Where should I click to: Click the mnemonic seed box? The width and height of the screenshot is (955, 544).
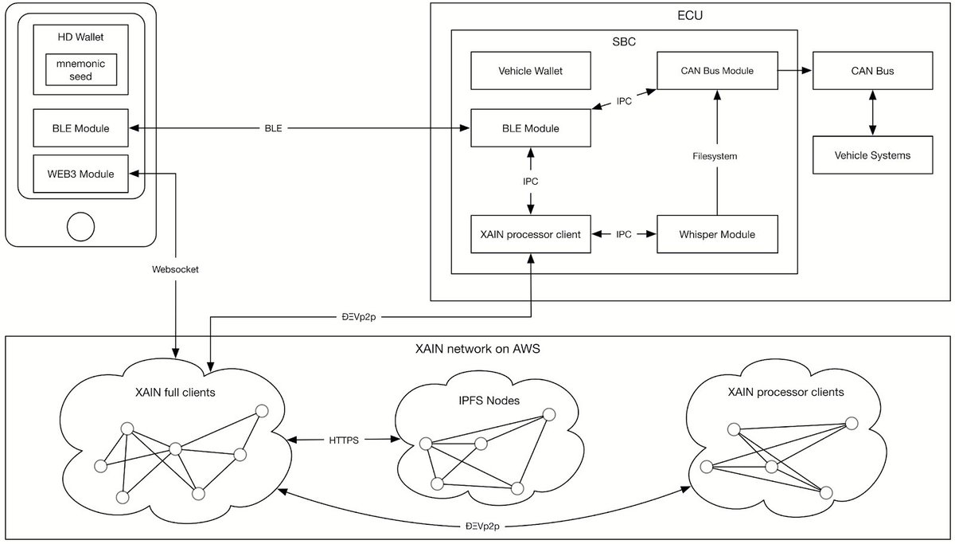[81, 69]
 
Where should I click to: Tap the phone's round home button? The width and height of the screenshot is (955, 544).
[80, 226]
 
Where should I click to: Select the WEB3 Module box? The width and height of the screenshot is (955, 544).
[80, 174]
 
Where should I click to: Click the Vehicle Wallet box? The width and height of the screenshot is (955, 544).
[530, 71]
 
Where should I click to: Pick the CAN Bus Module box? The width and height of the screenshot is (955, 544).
[717, 71]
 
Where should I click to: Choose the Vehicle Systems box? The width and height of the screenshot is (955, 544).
[872, 155]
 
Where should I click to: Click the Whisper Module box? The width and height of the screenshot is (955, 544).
[717, 234]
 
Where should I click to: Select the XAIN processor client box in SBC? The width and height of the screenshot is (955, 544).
[530, 234]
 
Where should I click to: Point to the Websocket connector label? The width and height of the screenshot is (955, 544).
[175, 269]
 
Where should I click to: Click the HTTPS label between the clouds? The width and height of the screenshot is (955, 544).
[344, 440]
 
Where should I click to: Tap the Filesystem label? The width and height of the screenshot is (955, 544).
[715, 156]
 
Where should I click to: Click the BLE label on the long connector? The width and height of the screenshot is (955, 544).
[273, 128]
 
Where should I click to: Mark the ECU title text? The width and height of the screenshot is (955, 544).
[690, 15]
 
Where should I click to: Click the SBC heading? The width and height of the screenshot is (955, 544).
[624, 41]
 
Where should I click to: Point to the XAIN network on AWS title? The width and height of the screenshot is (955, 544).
[477, 349]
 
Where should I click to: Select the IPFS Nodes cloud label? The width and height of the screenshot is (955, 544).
[489, 400]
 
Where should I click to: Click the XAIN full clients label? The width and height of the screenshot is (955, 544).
[175, 392]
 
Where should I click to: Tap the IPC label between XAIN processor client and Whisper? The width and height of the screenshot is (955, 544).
[624, 234]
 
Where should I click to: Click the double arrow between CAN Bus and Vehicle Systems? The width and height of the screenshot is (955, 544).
[873, 112]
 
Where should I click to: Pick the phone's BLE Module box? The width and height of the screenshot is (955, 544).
[80, 128]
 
